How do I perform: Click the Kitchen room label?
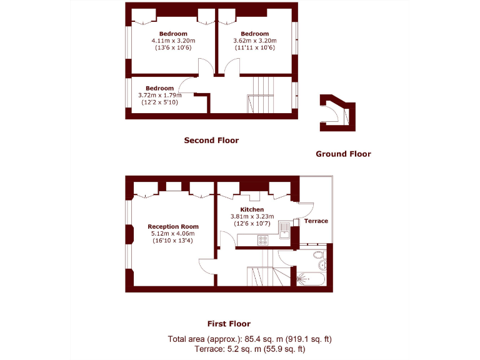point(252,209)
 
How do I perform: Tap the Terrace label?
point(316,221)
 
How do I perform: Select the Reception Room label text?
point(173,226)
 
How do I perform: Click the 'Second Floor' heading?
point(211,141)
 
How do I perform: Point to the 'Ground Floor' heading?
point(343,154)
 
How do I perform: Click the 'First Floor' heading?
point(229,324)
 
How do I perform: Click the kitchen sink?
point(284,234)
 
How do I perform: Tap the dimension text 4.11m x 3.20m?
point(172,41)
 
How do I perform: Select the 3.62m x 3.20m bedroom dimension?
point(254,41)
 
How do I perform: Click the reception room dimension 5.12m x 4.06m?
point(173,234)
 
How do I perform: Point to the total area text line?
point(249,339)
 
